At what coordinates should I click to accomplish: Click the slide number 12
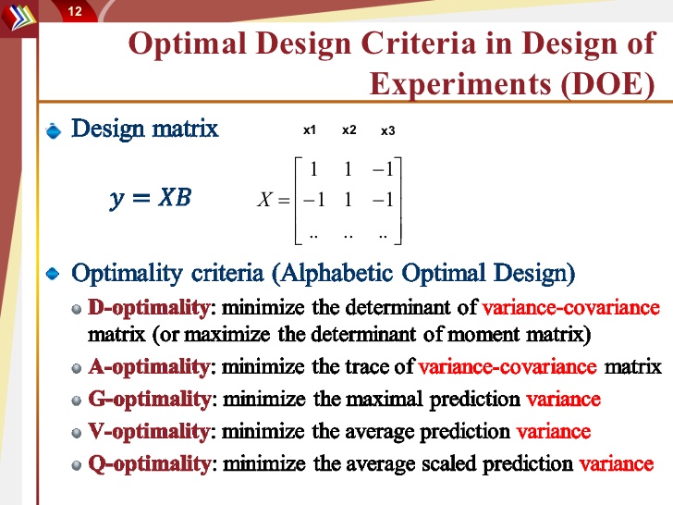coord(75,11)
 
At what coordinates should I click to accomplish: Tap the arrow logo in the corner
coord(18,18)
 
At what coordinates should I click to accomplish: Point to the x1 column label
coord(310,130)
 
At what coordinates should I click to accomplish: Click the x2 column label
coord(349,130)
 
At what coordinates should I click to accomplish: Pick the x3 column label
coord(388,130)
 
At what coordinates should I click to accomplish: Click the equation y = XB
coord(150,198)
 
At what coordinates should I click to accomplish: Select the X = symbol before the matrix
coord(274,199)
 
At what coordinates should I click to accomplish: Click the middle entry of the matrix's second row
coord(349,199)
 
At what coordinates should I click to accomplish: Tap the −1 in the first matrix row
coord(383,169)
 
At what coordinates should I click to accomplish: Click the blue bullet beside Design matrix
coord(54,130)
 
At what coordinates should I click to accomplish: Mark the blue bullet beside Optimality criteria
coord(54,273)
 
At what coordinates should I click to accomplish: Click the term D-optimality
coord(149,308)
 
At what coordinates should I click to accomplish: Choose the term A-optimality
coord(149,367)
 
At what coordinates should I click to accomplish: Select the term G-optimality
coord(150,400)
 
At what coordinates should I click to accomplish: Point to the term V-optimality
coord(149,432)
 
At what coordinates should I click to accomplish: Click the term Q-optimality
coord(150,464)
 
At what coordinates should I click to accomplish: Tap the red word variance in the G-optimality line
coord(564,400)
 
